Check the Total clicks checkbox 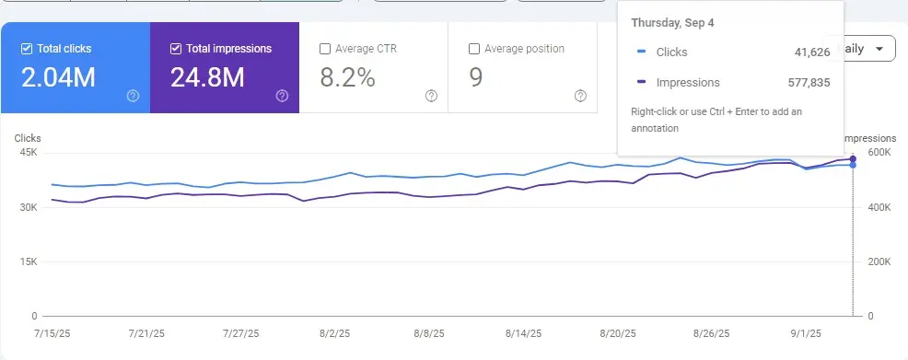click(x=26, y=49)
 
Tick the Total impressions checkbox click(x=176, y=49)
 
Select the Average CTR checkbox click(x=325, y=49)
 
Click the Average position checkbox click(x=474, y=49)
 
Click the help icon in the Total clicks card click(x=134, y=96)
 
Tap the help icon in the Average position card click(x=580, y=96)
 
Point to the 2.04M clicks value click(x=59, y=77)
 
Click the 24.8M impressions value click(x=207, y=77)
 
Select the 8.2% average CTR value click(x=347, y=77)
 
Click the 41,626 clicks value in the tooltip click(x=812, y=52)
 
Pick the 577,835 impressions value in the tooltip click(x=809, y=83)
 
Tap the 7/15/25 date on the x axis click(x=52, y=334)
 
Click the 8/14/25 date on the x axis click(x=523, y=334)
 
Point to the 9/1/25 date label click(x=806, y=334)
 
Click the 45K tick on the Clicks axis click(x=28, y=153)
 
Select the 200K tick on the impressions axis click(x=879, y=261)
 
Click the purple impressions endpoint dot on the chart click(x=853, y=158)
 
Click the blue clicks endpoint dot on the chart click(x=853, y=165)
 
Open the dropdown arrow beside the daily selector click(x=879, y=49)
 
